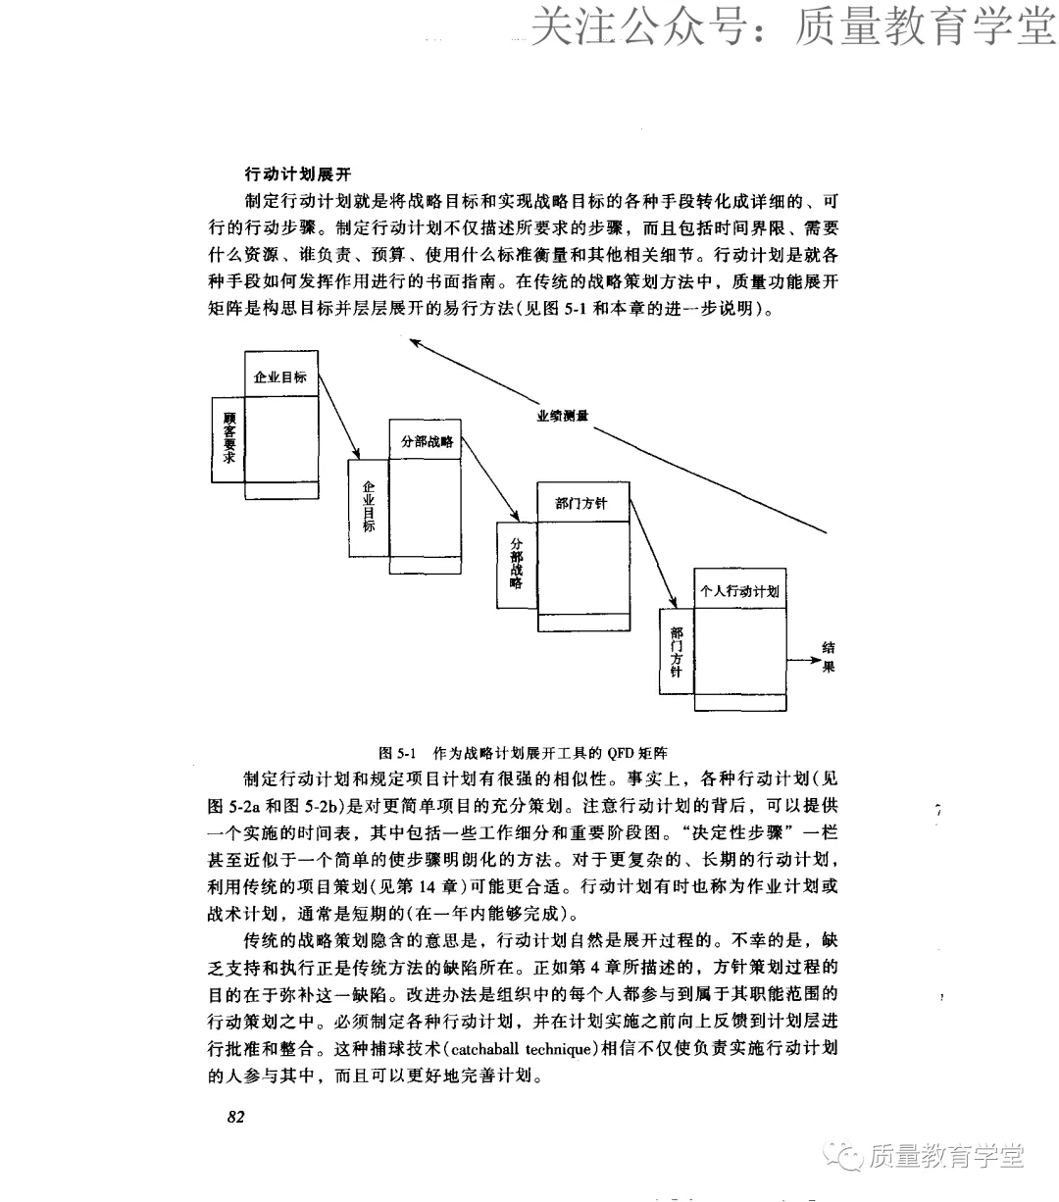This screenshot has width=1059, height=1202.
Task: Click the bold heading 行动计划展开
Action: click(x=297, y=175)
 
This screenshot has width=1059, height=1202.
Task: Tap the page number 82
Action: click(x=235, y=1117)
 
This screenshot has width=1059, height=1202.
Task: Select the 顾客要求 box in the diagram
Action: click(x=227, y=439)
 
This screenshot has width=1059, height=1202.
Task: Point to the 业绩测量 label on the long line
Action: click(x=562, y=416)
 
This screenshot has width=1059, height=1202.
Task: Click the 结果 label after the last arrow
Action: click(x=829, y=657)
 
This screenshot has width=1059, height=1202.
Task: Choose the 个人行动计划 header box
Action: click(x=739, y=591)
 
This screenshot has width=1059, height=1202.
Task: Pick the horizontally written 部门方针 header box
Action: click(x=581, y=503)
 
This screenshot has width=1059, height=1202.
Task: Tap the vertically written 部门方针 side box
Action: click(x=677, y=652)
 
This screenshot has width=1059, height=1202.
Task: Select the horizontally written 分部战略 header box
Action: click(x=427, y=441)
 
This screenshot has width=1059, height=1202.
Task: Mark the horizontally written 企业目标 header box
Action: click(x=280, y=376)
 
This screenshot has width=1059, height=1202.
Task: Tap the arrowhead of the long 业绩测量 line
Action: click(x=414, y=342)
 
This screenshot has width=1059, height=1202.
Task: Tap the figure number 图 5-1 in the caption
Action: click(x=398, y=753)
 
